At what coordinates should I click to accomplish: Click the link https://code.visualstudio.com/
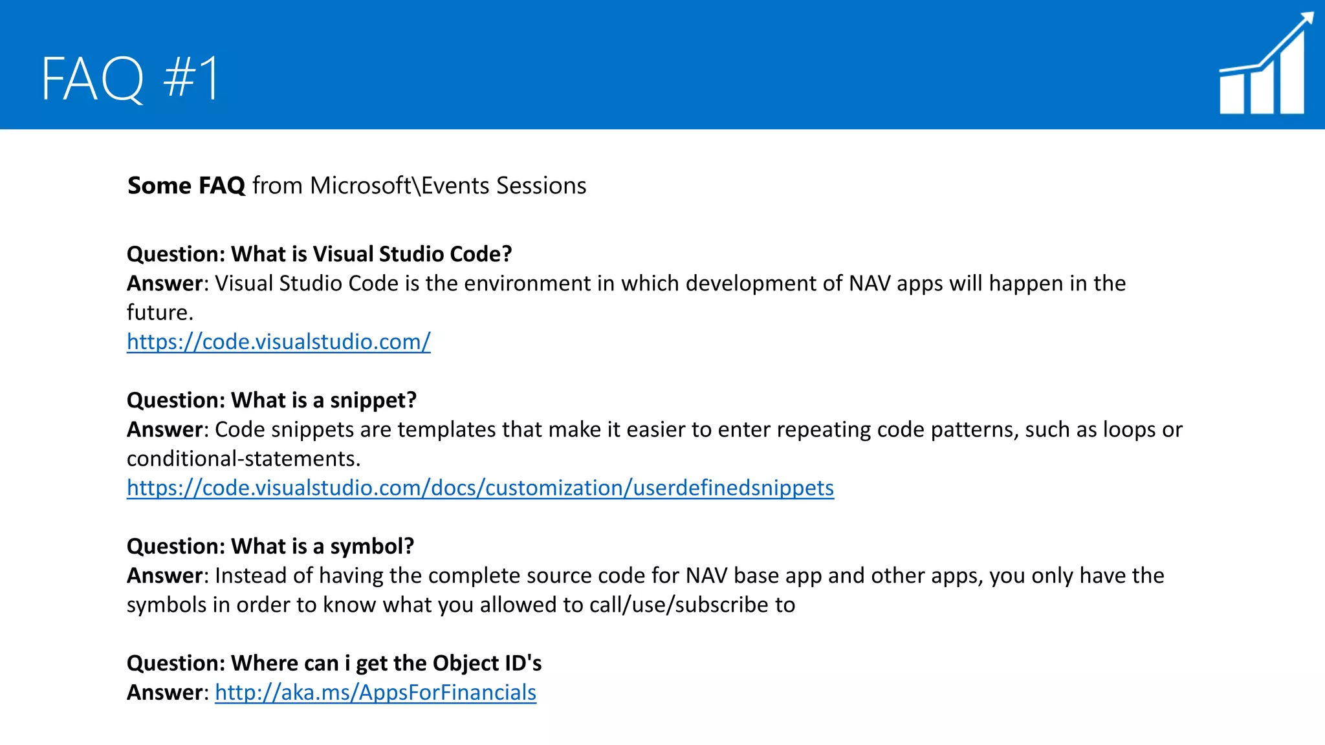tap(278, 341)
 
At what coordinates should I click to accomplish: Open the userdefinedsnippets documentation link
tap(480, 488)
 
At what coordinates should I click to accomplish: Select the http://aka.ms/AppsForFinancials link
tap(375, 693)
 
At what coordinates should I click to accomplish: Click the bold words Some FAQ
tap(186, 186)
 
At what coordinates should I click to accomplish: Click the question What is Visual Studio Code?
tap(319, 254)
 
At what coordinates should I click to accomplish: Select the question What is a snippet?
tap(271, 400)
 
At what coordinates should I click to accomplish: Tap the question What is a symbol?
tap(270, 546)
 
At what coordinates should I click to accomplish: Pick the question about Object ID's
tap(334, 664)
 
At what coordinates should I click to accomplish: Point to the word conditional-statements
tap(243, 459)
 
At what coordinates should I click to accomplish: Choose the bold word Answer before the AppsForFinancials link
tap(165, 693)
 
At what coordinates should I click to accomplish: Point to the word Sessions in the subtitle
tap(542, 186)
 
